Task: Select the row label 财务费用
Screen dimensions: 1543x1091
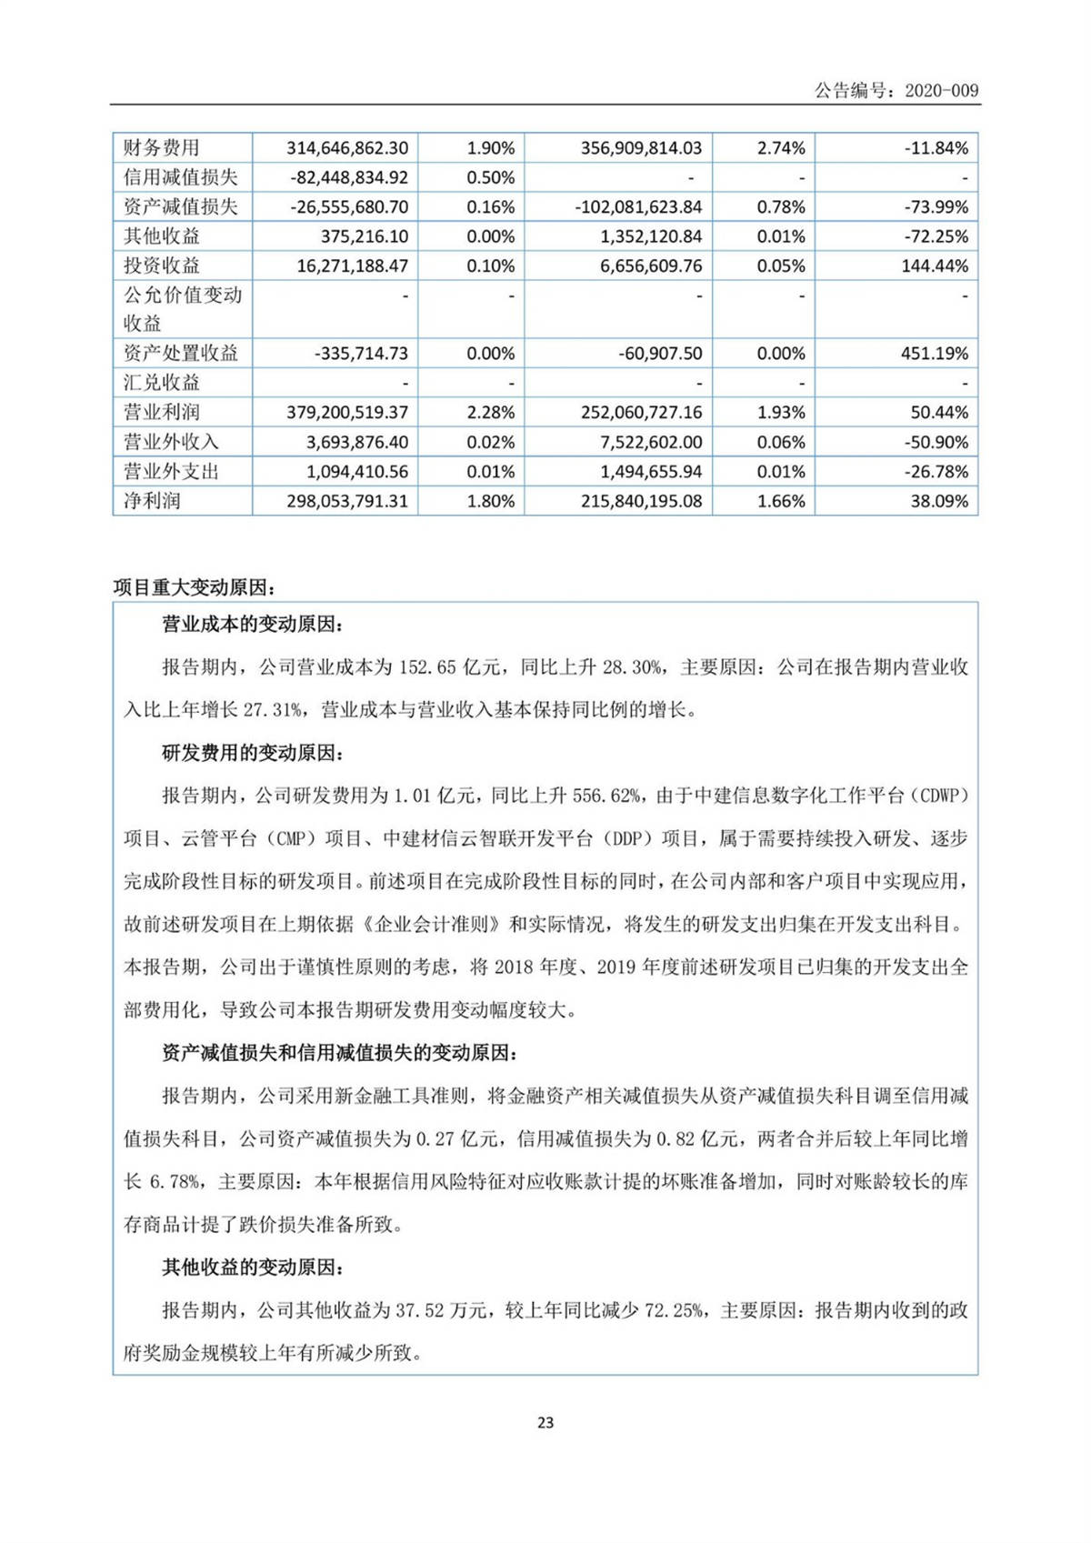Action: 162,148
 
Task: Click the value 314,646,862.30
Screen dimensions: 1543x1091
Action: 347,148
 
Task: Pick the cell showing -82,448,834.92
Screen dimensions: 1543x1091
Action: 349,177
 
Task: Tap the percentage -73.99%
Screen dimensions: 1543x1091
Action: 936,207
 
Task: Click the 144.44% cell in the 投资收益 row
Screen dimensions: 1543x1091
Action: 934,266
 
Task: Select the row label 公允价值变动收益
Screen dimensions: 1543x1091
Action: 182,309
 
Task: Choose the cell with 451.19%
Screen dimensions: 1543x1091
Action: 934,354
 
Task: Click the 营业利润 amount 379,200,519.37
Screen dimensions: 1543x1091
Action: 347,413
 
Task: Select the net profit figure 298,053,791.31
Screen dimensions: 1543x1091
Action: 347,501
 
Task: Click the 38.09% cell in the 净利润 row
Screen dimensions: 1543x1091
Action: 939,501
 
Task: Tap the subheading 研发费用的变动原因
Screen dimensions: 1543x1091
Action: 252,753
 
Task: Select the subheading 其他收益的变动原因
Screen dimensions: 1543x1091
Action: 252,1267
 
